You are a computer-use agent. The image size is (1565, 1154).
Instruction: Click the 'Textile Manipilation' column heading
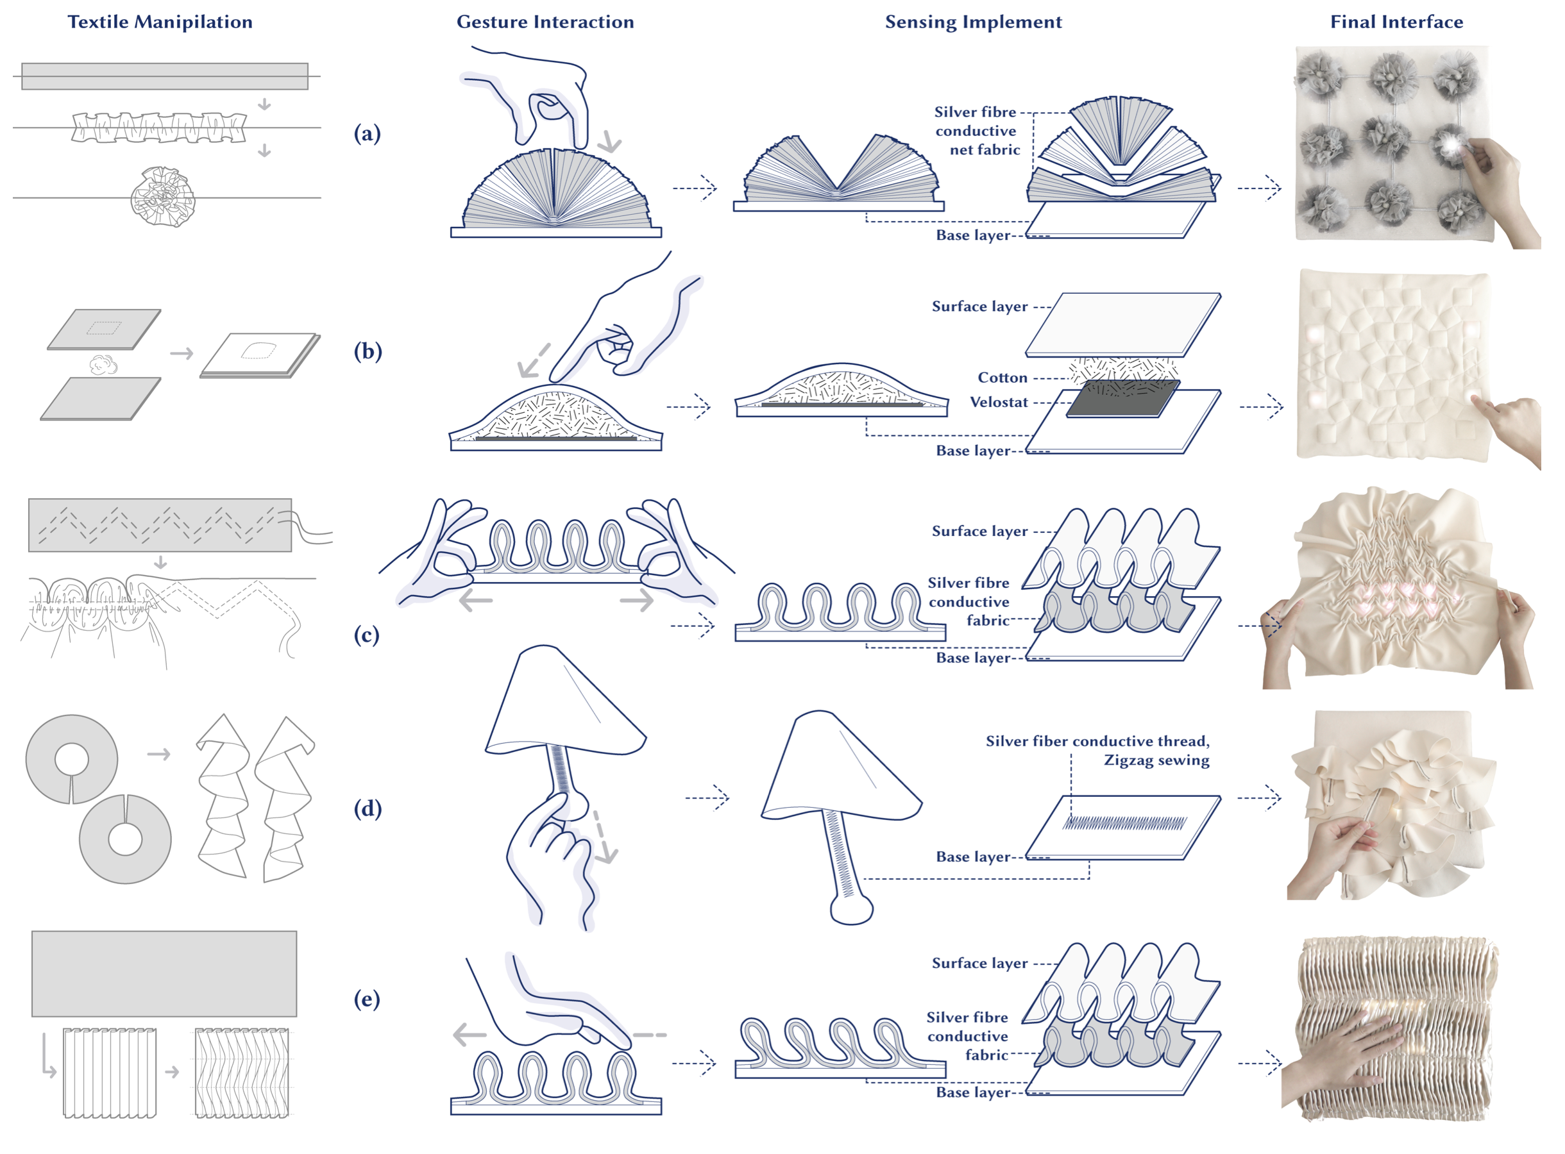160,22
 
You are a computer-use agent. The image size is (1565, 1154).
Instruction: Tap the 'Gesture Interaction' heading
545,22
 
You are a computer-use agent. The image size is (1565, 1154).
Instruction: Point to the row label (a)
368,133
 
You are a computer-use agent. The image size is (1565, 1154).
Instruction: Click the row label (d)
368,808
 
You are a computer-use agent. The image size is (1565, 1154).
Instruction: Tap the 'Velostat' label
999,403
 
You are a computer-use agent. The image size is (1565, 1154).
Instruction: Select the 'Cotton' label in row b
1002,378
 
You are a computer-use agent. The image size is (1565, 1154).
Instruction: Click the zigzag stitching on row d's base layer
1124,824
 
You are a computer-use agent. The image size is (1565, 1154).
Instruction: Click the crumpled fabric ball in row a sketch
163,197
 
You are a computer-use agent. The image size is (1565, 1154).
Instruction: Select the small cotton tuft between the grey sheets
104,364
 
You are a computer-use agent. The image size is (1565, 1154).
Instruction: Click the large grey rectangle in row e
164,973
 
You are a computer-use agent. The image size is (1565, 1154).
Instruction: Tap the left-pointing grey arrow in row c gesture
477,600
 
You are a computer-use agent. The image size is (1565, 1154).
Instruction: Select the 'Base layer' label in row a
972,235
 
